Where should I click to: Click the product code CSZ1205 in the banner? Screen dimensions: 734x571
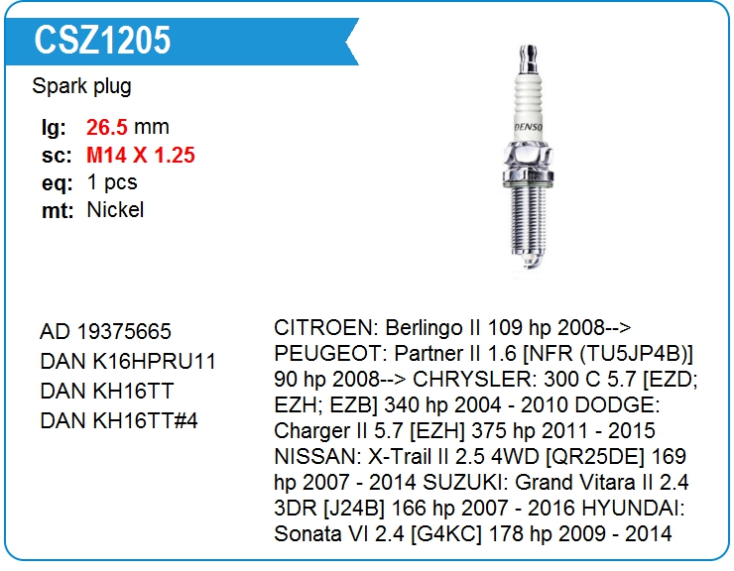click(102, 41)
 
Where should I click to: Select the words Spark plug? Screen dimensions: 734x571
click(81, 86)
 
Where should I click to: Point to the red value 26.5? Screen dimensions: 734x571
click(107, 127)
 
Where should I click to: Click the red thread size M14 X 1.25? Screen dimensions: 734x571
click(141, 155)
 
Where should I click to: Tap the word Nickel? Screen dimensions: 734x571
click(115, 210)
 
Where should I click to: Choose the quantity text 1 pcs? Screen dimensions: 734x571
click(112, 182)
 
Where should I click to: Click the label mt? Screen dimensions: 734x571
click(58, 210)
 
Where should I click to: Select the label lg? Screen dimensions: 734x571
click(54, 128)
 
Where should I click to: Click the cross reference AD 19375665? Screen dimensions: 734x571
click(105, 332)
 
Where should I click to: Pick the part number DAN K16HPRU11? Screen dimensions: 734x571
click(128, 361)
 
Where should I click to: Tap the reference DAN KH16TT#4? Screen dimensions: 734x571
click(119, 420)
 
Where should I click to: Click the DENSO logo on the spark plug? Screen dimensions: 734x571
click(529, 127)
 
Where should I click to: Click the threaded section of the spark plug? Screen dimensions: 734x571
click(529, 219)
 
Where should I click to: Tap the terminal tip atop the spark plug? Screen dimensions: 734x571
click(529, 58)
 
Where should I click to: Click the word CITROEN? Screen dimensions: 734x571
click(325, 327)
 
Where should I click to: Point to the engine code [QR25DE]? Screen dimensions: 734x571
click(593, 456)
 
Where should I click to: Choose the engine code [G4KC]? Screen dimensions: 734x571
click(445, 533)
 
